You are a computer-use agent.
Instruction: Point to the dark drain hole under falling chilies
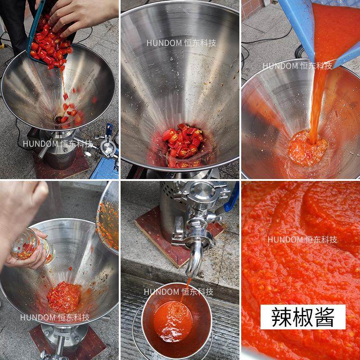point(58,118)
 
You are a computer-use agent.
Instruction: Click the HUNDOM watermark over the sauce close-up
point(302,239)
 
